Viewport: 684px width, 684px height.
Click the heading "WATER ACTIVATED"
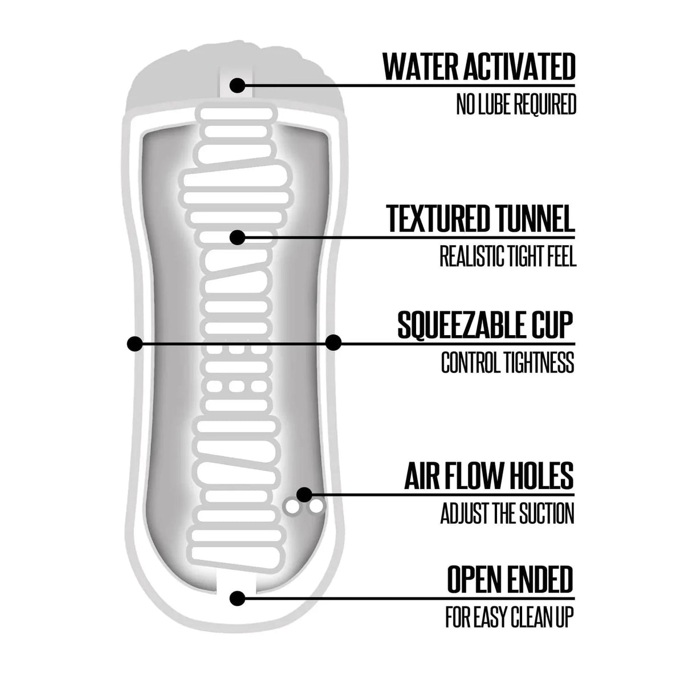pos(479,67)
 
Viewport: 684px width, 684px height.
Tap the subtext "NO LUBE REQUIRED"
pos(516,104)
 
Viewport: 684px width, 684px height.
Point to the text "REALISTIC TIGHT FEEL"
pos(508,255)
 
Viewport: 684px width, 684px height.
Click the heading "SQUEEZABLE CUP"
pos(485,325)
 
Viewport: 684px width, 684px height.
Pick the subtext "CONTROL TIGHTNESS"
pos(508,362)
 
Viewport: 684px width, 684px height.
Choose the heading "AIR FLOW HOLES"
pos(489,475)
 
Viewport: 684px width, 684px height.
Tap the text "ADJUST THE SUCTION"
pos(507,513)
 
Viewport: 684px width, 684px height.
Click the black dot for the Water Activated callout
pos(238,85)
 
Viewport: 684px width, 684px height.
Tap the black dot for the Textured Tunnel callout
pos(238,237)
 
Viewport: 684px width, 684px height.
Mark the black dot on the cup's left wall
pos(135,344)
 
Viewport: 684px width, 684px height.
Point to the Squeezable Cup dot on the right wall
pos(333,343)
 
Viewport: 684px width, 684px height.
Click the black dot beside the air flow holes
pos(304,494)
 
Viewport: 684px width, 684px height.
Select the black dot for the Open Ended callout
pos(238,598)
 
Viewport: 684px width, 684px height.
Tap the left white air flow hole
pos(292,507)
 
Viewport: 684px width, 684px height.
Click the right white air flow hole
pos(316,507)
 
